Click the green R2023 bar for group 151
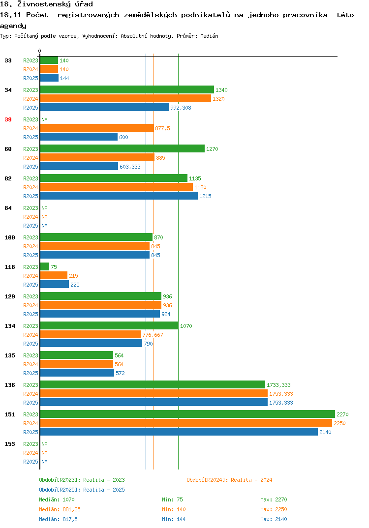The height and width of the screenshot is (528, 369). point(188,414)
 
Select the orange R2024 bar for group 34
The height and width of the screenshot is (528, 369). point(125,99)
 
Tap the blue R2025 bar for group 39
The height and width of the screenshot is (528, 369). point(79,137)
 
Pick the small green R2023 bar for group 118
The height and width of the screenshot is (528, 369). point(45,266)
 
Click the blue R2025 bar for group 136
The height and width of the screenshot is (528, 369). point(154,403)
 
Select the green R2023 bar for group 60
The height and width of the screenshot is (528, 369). point(123,149)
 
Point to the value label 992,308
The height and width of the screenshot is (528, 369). point(181,108)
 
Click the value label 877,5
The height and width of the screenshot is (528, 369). point(162,128)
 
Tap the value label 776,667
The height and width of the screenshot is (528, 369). point(153,335)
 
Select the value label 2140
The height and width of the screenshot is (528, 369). point(325,432)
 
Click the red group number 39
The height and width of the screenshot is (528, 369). point(8,119)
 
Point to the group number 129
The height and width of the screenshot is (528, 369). point(10,296)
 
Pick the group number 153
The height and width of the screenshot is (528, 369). point(10,444)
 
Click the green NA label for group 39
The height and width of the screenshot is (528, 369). point(44,119)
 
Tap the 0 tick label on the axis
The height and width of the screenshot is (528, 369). point(39,51)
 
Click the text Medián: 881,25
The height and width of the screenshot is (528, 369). point(60,509)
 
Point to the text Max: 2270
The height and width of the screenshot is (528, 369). point(274,499)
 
